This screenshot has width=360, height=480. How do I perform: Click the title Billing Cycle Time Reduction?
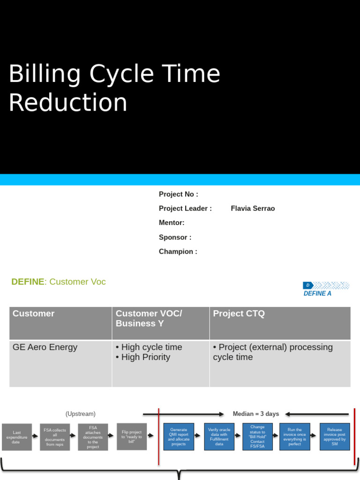point(114,88)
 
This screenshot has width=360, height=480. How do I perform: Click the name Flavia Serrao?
point(253,209)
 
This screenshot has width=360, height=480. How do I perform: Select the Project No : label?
point(179,194)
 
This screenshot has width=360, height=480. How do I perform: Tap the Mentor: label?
point(172,223)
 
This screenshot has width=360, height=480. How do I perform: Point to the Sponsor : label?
point(175,237)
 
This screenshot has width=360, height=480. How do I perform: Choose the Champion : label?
point(178,252)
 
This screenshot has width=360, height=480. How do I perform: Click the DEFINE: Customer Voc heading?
point(59,282)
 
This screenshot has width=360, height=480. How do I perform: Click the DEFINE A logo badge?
point(326,289)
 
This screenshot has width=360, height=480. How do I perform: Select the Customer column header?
point(34,314)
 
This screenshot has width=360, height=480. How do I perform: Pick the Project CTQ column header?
point(239,314)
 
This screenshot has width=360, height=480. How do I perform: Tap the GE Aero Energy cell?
point(45,347)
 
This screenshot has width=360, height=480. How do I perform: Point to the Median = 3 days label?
point(255,414)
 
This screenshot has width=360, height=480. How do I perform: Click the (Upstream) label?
point(81,414)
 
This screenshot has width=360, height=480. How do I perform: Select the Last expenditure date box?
point(17,437)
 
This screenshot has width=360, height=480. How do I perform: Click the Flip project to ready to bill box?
point(132,437)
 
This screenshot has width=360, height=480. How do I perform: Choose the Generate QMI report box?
point(179,437)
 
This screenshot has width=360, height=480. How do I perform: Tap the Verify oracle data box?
point(219,437)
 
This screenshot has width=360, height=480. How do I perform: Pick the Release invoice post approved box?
point(335,437)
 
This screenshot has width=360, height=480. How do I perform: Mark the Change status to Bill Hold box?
point(257,437)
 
